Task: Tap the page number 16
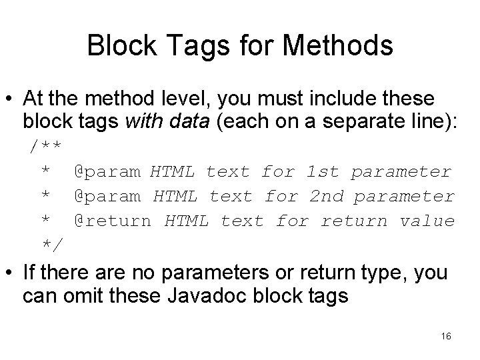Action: coord(446,337)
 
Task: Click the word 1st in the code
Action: coord(323,172)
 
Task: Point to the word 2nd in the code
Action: coord(326,197)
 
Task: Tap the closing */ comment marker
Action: coord(53,245)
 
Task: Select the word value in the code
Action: coord(427,221)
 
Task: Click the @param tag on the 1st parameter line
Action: coord(107,172)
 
